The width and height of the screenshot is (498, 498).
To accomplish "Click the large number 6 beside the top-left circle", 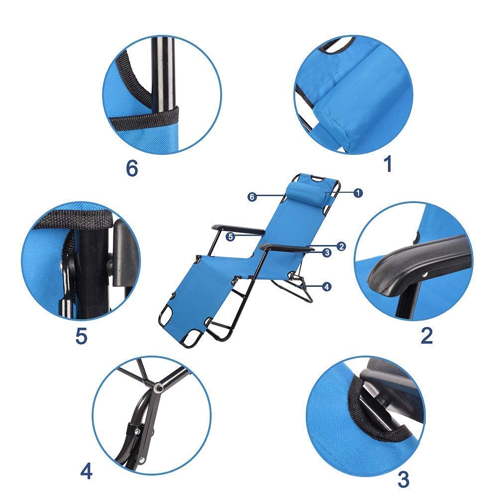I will click(x=131, y=168).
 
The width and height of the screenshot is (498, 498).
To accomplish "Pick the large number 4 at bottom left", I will click(x=86, y=471).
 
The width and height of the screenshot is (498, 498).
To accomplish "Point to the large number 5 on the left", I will click(x=81, y=336).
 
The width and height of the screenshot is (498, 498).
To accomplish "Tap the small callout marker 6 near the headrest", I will click(x=252, y=197).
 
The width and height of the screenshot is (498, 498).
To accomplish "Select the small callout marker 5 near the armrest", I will click(x=230, y=237).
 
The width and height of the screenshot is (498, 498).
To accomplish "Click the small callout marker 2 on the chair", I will click(x=341, y=246).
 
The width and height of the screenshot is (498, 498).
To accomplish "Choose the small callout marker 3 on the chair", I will click(x=327, y=253).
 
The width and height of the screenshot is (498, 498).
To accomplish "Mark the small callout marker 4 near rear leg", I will click(x=326, y=286).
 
